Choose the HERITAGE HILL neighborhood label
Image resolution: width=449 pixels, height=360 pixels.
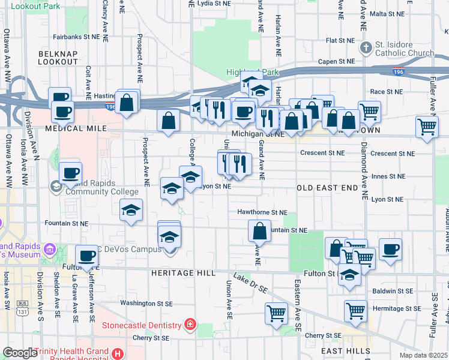pos(183,273)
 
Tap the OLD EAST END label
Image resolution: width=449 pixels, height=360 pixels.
pos(327,188)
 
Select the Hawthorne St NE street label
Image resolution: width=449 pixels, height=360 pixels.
pos(262,212)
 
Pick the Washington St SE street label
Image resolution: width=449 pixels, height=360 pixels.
pos(146,303)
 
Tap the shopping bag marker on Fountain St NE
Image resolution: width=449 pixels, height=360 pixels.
pos(259,230)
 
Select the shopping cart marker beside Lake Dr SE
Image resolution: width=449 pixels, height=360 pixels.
pos(276,313)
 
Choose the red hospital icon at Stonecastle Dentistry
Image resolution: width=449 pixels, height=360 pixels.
pos(190,325)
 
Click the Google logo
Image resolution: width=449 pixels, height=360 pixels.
pos(20,353)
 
